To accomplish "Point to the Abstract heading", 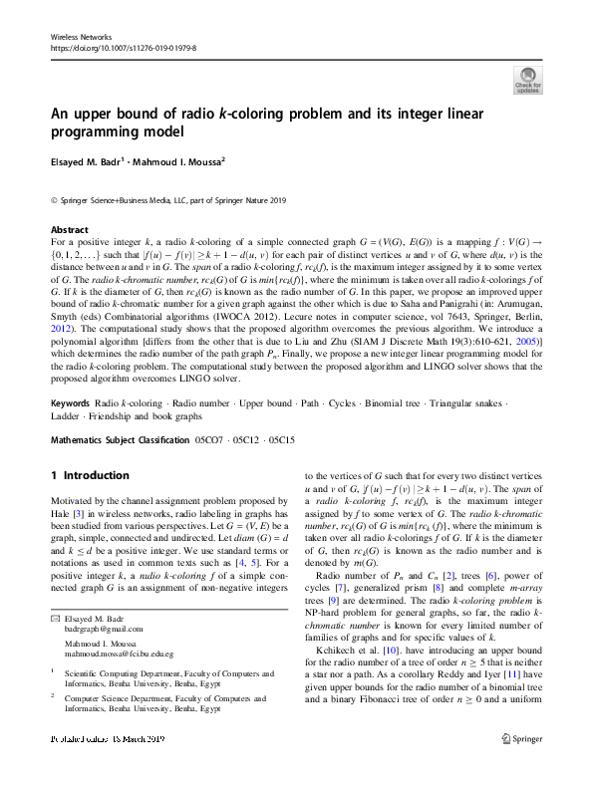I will coord(69,229).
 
